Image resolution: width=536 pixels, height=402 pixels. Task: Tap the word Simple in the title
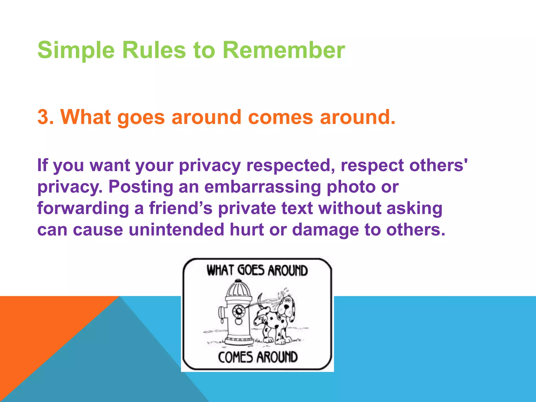(x=76, y=50)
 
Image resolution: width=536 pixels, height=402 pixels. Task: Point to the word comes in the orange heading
(x=280, y=117)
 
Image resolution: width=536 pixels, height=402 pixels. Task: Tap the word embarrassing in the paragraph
(x=263, y=187)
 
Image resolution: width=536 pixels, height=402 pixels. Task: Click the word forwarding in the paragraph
(x=83, y=209)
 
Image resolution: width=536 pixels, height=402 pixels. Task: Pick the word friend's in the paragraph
(x=181, y=208)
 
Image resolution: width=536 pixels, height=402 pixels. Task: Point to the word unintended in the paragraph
(x=176, y=230)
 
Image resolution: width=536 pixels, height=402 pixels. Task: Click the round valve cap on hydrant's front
(x=238, y=311)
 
